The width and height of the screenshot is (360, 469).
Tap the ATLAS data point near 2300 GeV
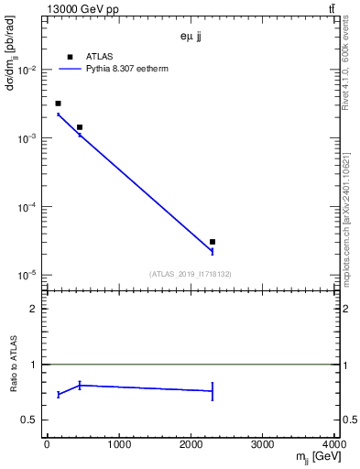pos(213,242)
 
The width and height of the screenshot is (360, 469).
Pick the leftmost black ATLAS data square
pos(58,104)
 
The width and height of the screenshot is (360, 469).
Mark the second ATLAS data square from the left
pos(80,127)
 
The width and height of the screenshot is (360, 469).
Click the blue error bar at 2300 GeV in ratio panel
pos(213,391)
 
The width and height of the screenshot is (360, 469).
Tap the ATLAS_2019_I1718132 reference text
pos(190,274)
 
